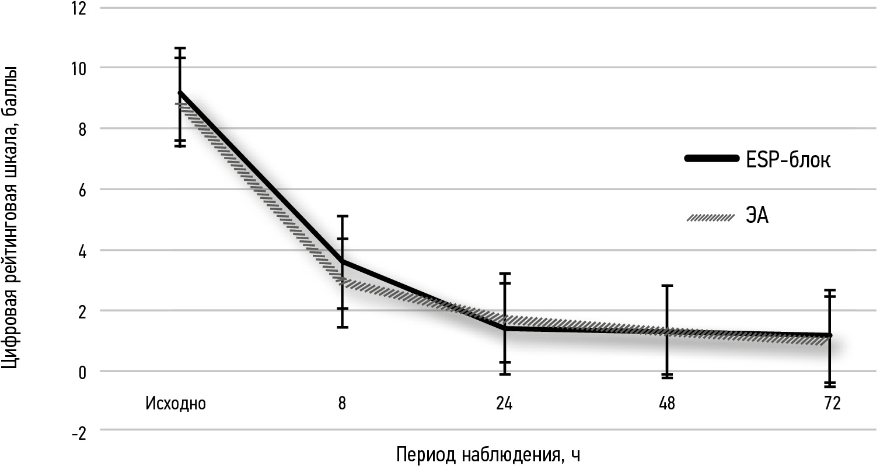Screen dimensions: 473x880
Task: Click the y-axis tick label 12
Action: (x=78, y=9)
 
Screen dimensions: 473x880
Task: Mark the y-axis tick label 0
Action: (x=82, y=372)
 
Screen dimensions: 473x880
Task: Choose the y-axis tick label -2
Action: (x=78, y=432)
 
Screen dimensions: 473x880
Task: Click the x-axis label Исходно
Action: (x=176, y=404)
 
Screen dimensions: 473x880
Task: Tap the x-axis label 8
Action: (x=342, y=404)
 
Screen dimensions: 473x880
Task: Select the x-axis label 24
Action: (x=504, y=404)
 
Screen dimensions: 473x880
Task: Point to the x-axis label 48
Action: (x=666, y=404)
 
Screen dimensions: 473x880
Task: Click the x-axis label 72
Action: (x=829, y=404)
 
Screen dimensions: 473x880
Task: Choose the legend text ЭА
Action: (x=757, y=218)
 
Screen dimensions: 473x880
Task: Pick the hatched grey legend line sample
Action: (x=710, y=218)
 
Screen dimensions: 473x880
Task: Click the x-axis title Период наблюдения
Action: (x=489, y=455)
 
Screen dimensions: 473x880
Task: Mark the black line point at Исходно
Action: (x=180, y=93)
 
